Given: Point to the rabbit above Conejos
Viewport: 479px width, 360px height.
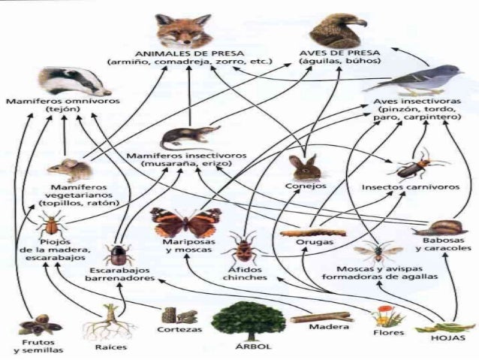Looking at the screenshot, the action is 304,166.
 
